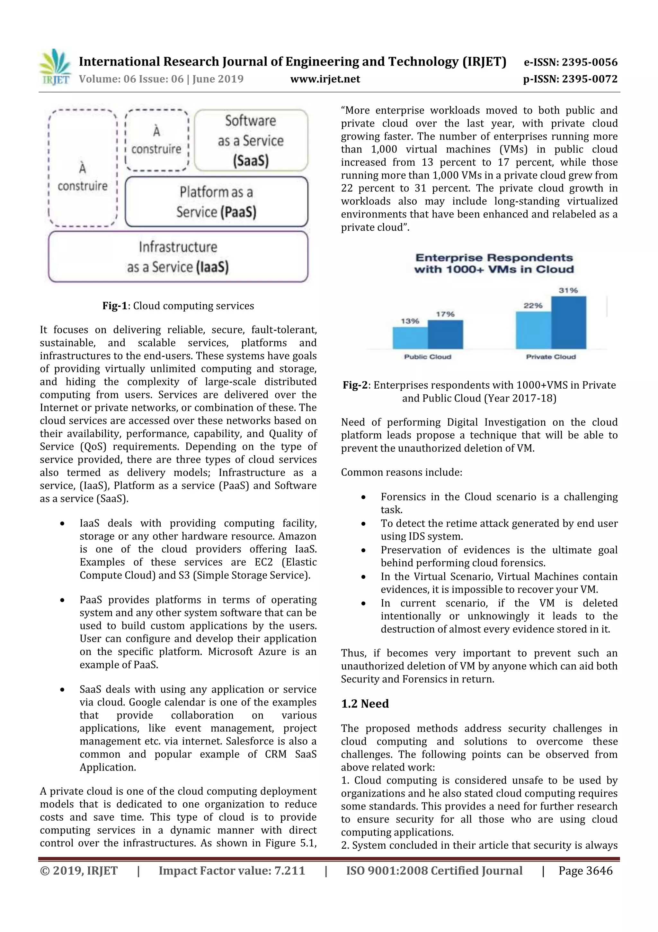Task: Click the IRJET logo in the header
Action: coord(56,67)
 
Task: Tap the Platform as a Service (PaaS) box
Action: coord(216,202)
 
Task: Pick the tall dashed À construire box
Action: coord(83,168)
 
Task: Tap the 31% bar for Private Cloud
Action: coord(568,322)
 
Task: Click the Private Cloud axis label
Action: coord(551,357)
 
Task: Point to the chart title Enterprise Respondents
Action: coord(494,263)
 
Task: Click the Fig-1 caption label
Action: coord(115,306)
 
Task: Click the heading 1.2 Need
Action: coord(365,704)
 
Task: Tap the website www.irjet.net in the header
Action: coord(325,79)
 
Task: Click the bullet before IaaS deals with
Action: coord(62,524)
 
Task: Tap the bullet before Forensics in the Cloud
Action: coord(363,497)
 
